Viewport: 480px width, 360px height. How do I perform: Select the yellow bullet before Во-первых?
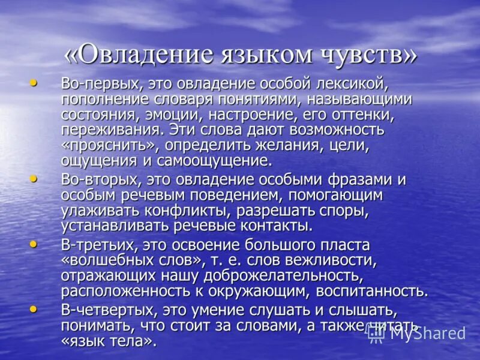34,83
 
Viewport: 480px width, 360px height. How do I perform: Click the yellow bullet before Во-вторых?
34,178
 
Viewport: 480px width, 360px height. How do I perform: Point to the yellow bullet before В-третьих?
34,244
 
